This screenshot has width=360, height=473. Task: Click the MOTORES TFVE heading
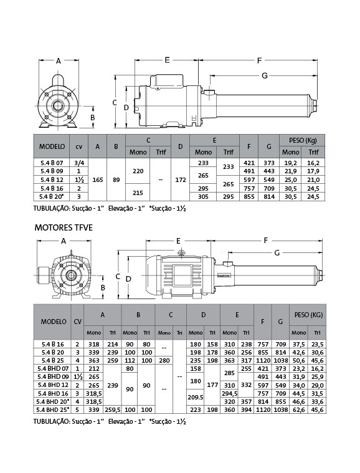(x=64, y=227)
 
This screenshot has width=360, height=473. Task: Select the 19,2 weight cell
(x=290, y=163)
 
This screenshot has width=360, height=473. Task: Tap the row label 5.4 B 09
(x=52, y=171)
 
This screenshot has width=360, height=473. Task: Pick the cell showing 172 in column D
(x=180, y=179)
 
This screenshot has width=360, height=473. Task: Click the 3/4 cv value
(x=79, y=163)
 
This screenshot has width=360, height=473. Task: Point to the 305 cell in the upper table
(x=203, y=197)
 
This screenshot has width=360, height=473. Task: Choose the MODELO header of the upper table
(x=52, y=146)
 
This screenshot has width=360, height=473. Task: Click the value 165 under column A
(x=98, y=179)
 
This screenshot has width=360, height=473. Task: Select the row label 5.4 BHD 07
(x=53, y=369)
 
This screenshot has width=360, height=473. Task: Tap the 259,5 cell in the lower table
(x=113, y=410)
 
